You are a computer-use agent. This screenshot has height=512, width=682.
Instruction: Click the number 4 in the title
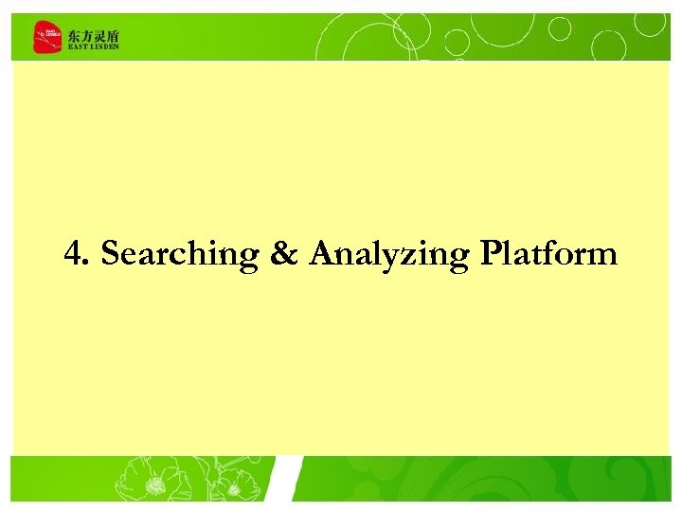point(74,253)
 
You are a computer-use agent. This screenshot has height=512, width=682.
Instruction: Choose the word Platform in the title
point(548,253)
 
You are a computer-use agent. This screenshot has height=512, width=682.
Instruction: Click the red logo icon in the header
point(46,38)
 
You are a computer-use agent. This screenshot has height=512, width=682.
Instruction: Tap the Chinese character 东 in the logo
point(74,35)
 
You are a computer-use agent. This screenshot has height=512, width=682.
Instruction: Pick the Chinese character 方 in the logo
point(87,35)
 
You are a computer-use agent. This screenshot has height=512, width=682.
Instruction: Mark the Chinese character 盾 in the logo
point(114,35)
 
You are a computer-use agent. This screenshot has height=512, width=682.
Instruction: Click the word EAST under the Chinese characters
point(77,46)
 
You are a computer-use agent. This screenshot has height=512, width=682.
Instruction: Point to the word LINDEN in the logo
point(104,46)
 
